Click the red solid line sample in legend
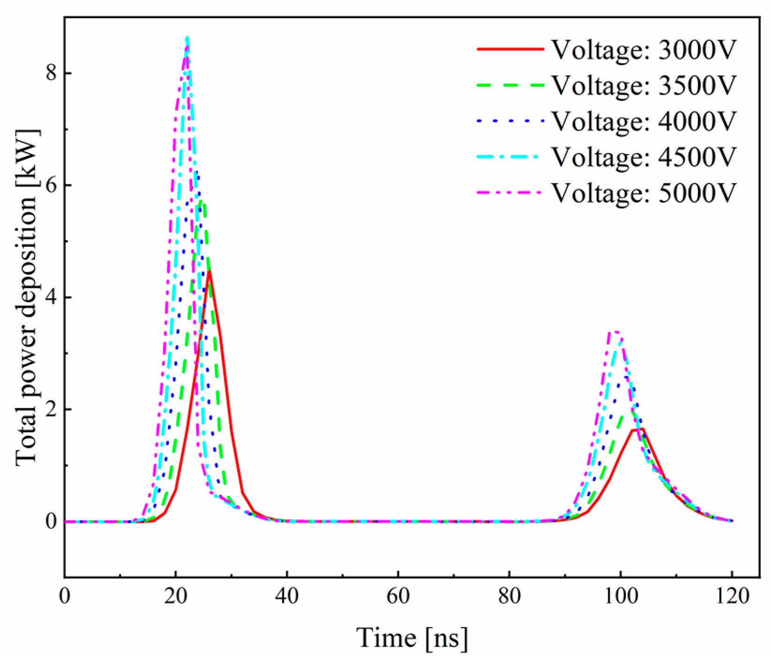click(x=510, y=49)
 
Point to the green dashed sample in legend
click(x=510, y=85)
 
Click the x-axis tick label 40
click(x=286, y=597)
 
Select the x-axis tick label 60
click(x=398, y=597)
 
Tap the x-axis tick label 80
click(x=509, y=597)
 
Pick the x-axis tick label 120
click(x=732, y=597)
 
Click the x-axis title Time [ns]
click(x=412, y=638)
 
